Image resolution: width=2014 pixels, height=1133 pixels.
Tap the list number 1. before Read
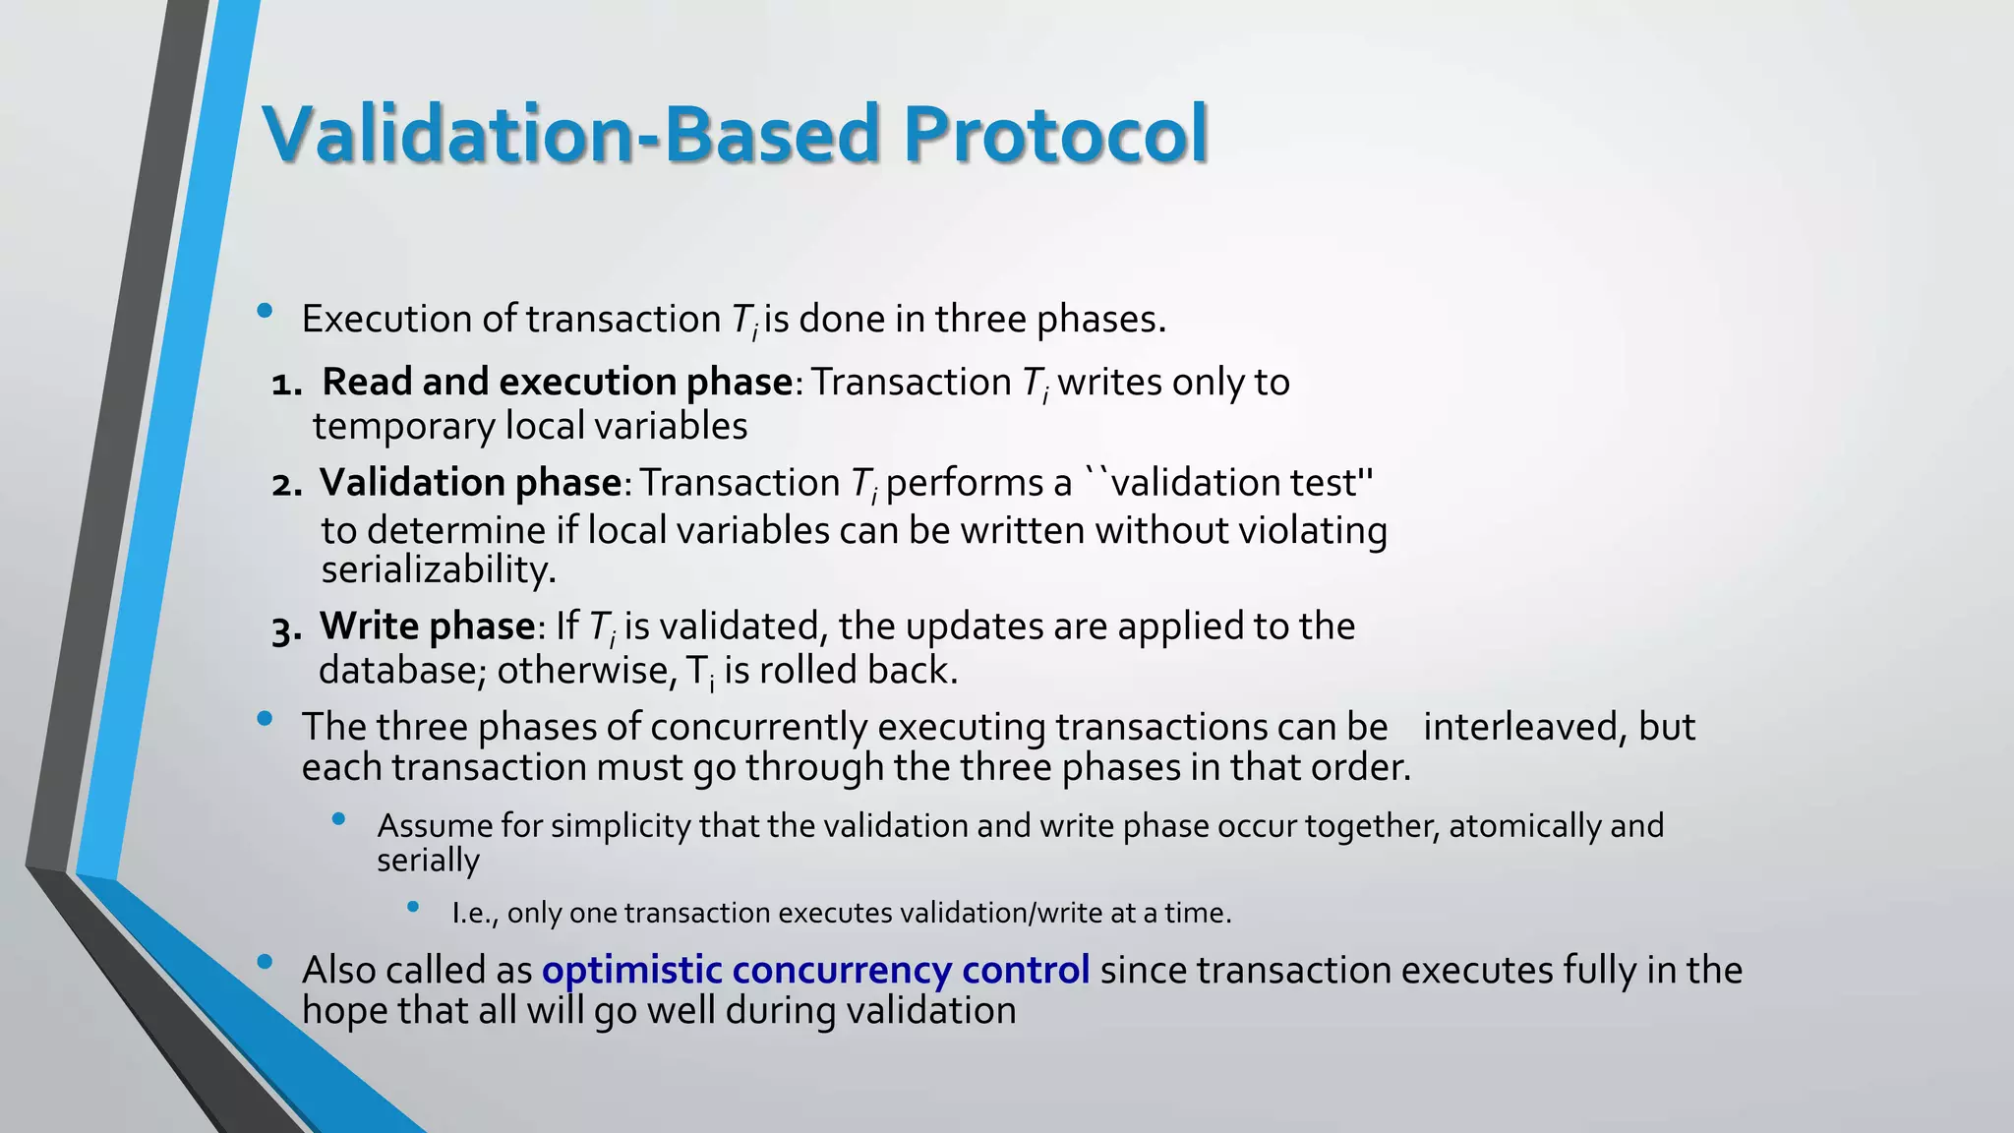click(287, 384)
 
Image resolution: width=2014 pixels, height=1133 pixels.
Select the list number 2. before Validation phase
click(287, 485)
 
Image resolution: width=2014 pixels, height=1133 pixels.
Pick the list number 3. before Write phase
click(287, 629)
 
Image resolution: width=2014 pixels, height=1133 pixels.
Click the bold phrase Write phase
click(428, 626)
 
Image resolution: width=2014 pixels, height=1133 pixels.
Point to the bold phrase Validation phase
click(470, 483)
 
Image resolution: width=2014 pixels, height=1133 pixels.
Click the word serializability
click(439, 569)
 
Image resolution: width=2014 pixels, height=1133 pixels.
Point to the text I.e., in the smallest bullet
click(475, 914)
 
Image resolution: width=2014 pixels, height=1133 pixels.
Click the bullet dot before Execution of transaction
click(264, 311)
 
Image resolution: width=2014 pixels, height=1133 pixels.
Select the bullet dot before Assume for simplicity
click(339, 818)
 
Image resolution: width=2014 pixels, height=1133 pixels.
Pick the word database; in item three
click(402, 671)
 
